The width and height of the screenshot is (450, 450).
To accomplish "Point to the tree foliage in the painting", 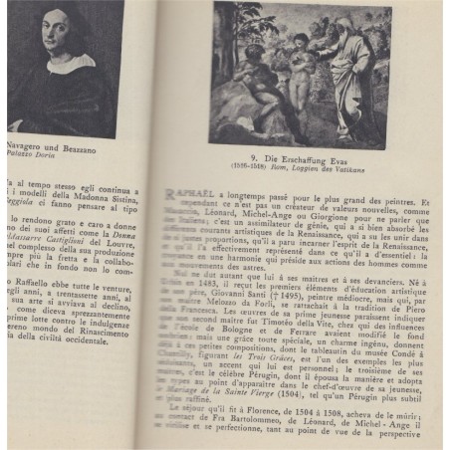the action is pyautogui.click(x=249, y=30).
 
